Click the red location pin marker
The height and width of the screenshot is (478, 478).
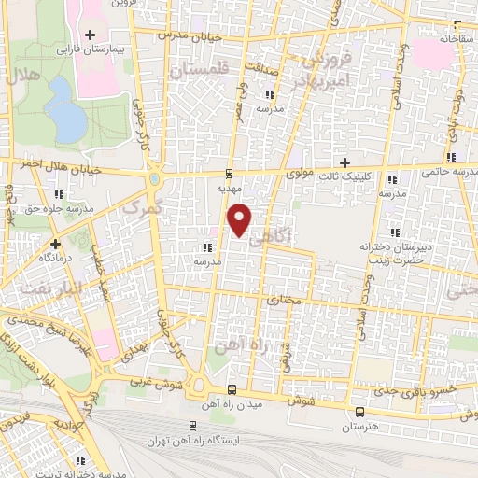[241, 220]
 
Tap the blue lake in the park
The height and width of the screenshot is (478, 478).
[63, 107]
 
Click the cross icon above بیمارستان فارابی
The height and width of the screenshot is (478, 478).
[90, 35]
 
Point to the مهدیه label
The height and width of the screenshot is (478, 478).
[229, 188]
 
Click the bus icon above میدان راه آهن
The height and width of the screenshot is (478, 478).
[232, 388]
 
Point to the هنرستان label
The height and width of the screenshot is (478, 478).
[359, 426]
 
